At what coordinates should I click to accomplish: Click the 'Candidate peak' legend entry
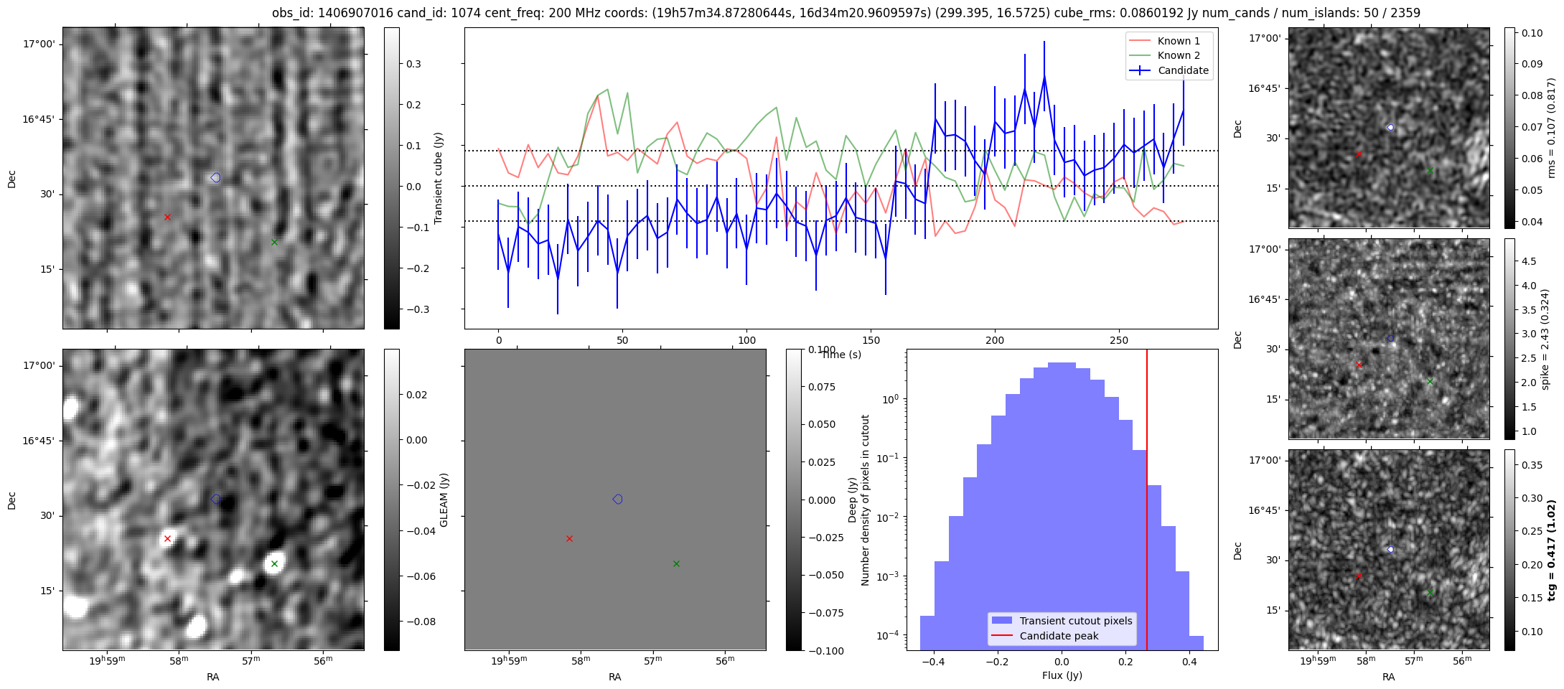[1059, 636]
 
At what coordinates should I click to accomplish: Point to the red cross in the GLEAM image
[167, 538]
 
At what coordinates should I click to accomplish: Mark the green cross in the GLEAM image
[274, 563]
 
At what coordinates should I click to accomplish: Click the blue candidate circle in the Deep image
[617, 499]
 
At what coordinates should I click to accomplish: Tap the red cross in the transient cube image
[167, 217]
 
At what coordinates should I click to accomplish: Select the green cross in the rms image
[1430, 171]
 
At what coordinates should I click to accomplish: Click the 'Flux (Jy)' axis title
[1062, 675]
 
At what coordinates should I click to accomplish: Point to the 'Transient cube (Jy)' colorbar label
[438, 178]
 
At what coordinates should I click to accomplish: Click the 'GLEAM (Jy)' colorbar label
[444, 500]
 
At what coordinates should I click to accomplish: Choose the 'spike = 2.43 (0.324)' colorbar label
[1545, 339]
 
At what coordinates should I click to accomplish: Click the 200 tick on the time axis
[995, 340]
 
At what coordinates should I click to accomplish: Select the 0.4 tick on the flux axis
[1189, 662]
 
